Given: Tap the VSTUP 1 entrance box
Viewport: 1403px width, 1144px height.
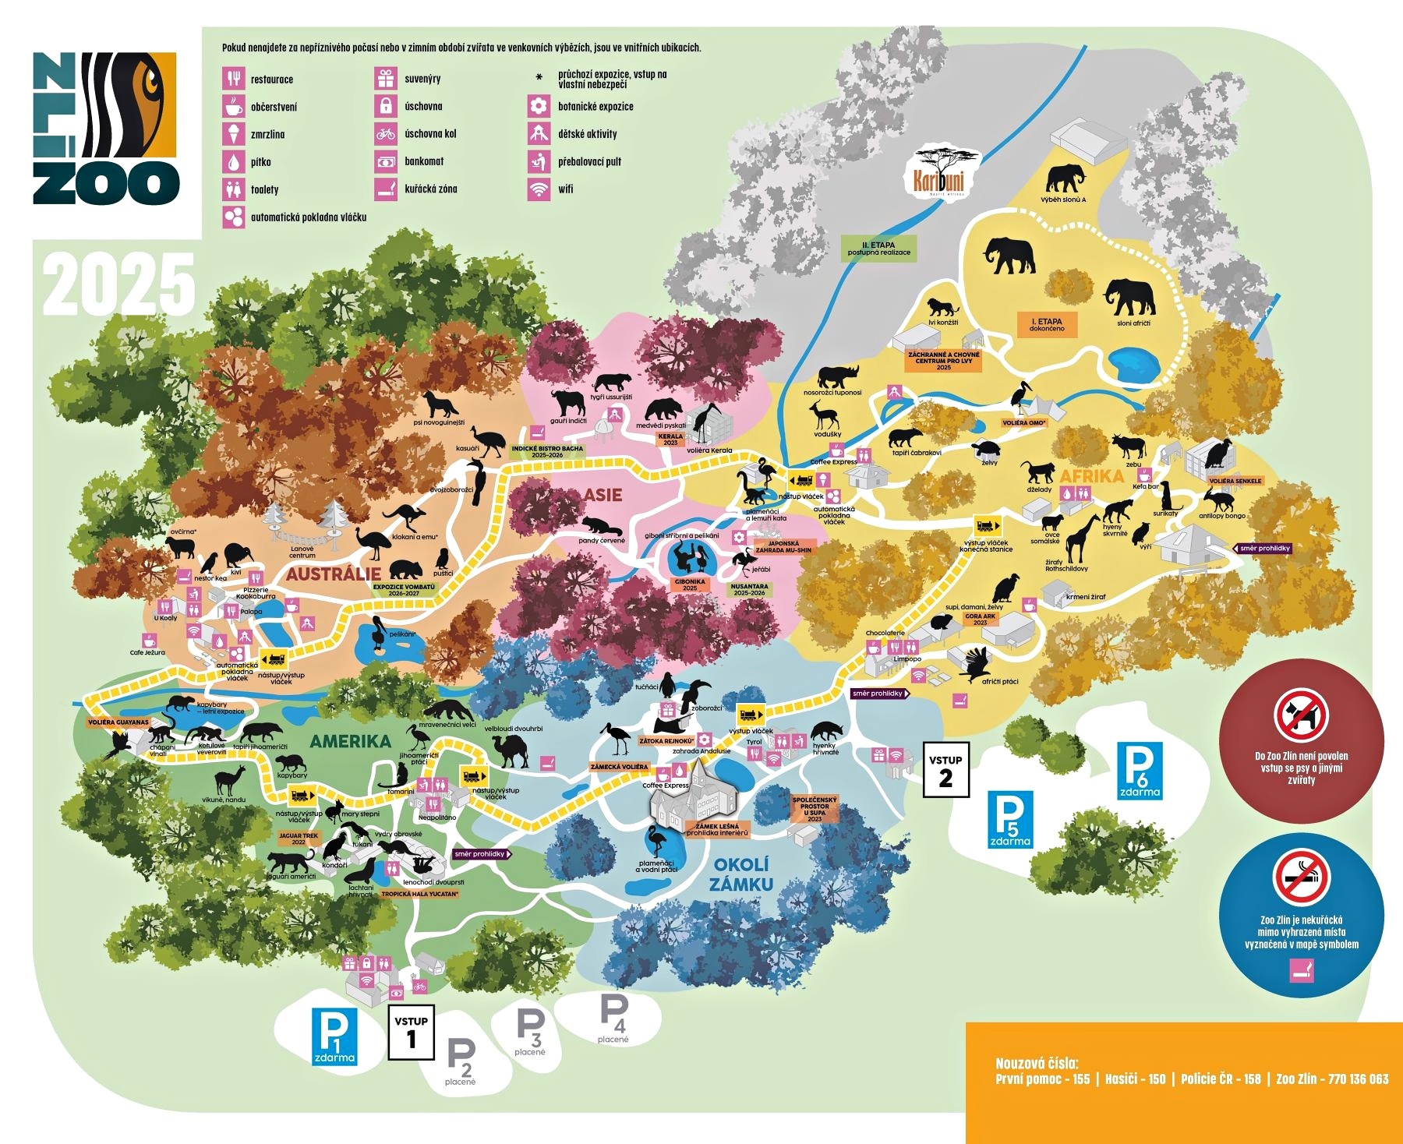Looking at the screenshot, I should click(x=411, y=1032).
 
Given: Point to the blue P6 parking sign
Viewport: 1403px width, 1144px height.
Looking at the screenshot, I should click(x=1140, y=770).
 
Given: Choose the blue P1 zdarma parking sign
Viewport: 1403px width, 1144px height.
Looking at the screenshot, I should click(x=334, y=1036).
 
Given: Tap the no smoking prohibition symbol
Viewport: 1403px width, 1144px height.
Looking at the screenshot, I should click(x=1301, y=877).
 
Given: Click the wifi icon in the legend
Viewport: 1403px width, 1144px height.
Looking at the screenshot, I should click(x=538, y=189).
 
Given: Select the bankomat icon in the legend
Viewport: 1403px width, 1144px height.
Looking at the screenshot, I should click(x=385, y=161).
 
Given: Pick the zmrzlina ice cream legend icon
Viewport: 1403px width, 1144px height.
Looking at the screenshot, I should click(x=233, y=134).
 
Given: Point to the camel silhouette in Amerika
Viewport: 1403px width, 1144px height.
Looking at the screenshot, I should click(x=511, y=750).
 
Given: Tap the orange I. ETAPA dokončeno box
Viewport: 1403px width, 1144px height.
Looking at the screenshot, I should click(x=1046, y=325).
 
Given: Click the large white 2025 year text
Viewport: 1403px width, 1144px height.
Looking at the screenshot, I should click(x=118, y=284).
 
